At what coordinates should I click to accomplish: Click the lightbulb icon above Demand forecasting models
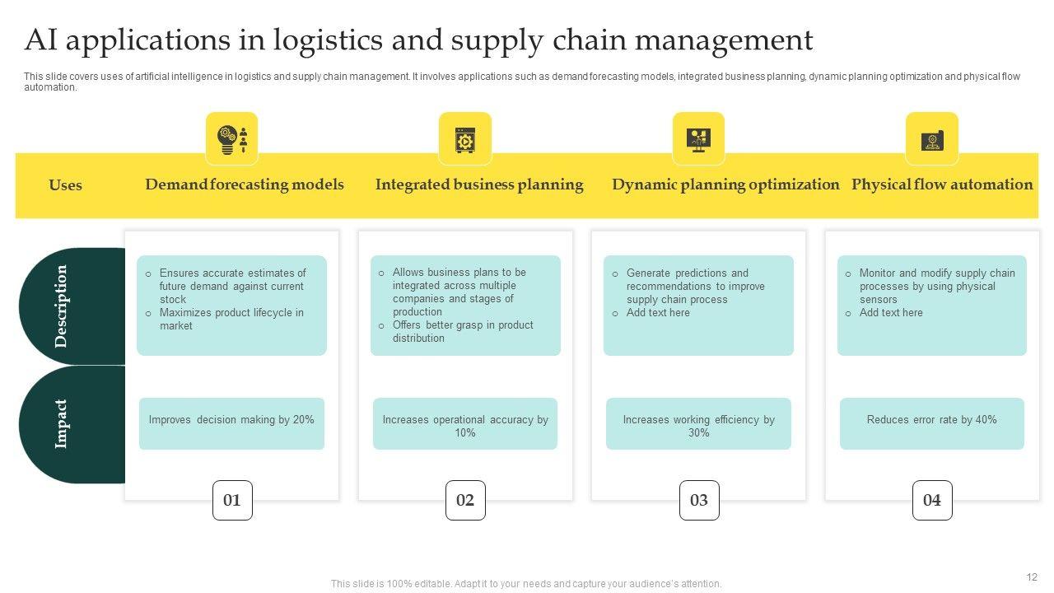[231, 138]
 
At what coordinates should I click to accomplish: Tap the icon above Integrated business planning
[465, 138]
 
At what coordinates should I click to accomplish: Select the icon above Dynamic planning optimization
[698, 138]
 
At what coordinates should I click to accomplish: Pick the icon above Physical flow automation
[931, 139]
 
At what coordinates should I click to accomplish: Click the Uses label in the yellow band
[65, 185]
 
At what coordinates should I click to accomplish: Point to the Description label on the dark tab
[61, 306]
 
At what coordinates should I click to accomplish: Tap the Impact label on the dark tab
[61, 424]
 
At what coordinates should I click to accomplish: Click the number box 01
[232, 500]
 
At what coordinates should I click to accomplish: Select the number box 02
[465, 500]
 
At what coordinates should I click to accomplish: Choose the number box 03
[699, 500]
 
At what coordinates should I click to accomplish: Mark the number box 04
[932, 500]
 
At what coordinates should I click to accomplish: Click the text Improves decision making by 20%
[231, 420]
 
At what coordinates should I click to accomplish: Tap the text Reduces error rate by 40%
[931, 420]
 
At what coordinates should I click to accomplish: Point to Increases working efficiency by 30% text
[698, 426]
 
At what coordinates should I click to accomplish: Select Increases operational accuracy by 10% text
[465, 426]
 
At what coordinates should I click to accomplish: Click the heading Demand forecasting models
[245, 184]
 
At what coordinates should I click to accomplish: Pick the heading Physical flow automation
[942, 184]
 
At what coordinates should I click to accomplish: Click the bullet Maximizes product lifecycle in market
[231, 320]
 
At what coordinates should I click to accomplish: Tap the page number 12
[1032, 577]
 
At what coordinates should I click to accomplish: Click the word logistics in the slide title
[304, 40]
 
